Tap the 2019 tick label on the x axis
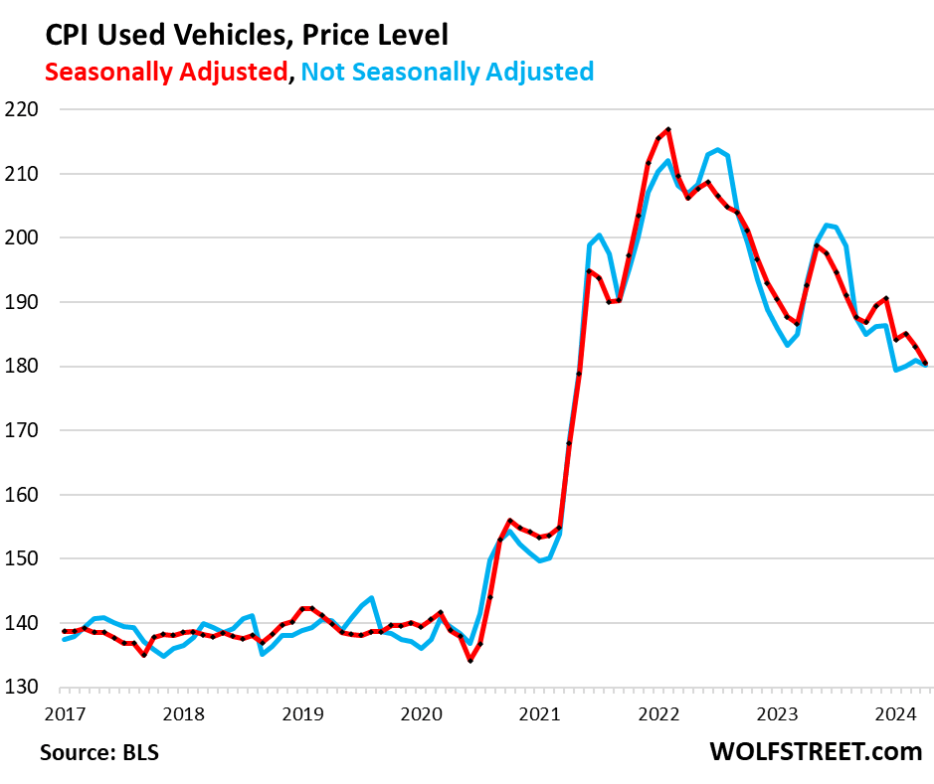302,713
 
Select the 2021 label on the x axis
539,713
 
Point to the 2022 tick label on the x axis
658,713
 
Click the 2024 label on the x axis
896,713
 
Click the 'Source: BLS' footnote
99,752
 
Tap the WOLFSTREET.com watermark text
816,751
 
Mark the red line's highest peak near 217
668,129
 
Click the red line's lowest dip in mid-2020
470,661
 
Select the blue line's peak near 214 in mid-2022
717,150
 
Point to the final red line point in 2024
926,364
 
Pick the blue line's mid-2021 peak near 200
599,235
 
